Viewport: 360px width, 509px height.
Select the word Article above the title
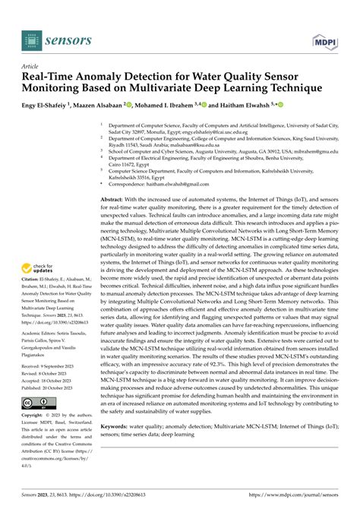pyautogui.click(x=33, y=66)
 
